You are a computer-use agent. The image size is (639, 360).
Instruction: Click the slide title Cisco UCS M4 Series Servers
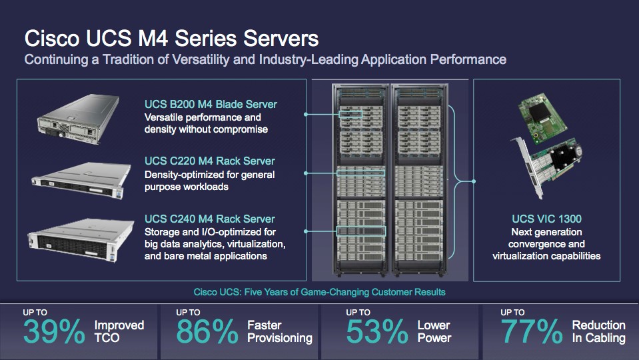[171, 39]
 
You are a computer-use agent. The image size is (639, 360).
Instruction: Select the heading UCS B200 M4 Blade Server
[211, 105]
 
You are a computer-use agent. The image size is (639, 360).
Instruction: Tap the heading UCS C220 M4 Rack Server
[209, 161]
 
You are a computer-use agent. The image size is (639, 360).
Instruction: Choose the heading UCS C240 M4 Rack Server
[209, 219]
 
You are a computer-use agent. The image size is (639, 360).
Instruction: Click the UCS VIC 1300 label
[546, 219]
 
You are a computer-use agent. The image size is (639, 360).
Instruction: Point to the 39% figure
[54, 331]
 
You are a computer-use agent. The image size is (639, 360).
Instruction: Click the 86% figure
[207, 331]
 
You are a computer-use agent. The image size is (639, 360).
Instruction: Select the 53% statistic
[377, 331]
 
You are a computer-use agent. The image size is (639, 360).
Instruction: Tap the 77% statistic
[532, 331]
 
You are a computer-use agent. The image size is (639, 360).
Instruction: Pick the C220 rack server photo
[82, 180]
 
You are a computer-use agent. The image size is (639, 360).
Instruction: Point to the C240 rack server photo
[81, 239]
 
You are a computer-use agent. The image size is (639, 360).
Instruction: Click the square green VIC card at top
[542, 117]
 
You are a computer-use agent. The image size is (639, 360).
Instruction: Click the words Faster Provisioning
[280, 331]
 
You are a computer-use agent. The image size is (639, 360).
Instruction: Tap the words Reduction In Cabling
[598, 331]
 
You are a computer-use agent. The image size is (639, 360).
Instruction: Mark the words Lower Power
[434, 331]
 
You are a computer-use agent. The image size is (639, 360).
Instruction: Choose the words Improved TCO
[119, 331]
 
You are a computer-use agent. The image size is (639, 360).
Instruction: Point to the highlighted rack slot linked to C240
[361, 231]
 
